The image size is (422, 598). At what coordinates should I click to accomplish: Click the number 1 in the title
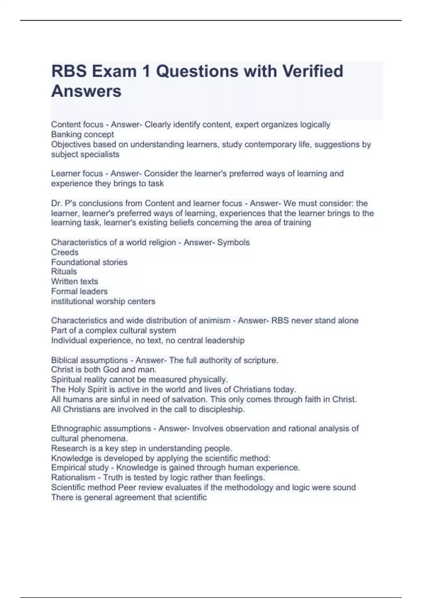[146, 71]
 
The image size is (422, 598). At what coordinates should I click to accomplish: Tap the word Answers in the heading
[86, 91]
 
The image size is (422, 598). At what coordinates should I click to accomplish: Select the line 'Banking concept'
[82, 134]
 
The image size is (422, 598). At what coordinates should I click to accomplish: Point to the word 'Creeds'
[65, 252]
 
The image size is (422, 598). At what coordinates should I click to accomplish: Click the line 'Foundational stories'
[89, 262]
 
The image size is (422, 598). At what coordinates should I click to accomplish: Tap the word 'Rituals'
[64, 272]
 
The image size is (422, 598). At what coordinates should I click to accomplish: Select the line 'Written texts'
[75, 281]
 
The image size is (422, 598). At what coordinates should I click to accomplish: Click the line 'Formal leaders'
[79, 291]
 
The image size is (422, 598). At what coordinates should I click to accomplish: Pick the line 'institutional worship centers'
[103, 301]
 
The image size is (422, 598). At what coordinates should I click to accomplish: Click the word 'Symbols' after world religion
[233, 242]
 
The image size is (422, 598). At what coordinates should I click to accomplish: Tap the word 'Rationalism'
[73, 477]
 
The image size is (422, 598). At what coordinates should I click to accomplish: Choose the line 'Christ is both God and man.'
[104, 370]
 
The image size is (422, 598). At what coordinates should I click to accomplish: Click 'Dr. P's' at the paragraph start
[62, 203]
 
